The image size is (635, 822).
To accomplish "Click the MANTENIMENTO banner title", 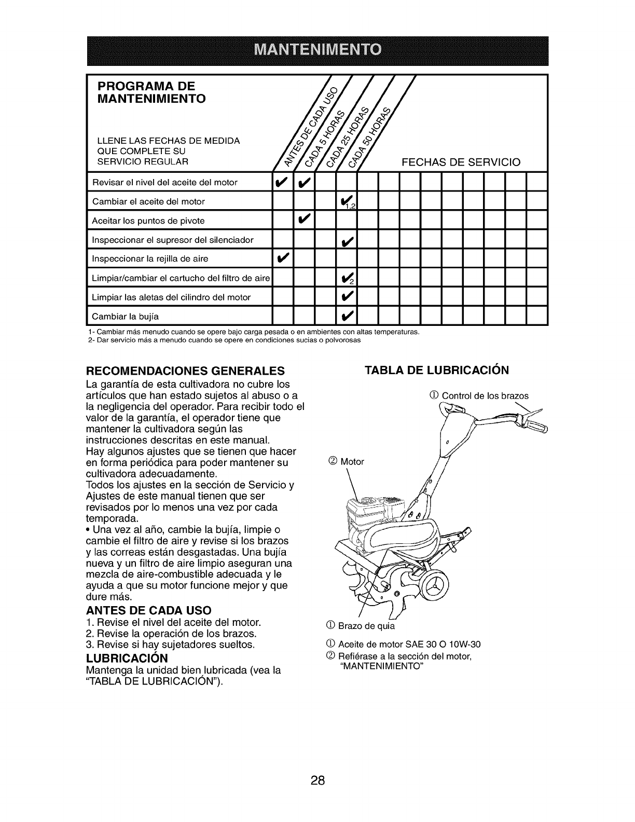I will [x=317, y=50].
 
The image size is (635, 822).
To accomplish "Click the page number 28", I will [x=317, y=766].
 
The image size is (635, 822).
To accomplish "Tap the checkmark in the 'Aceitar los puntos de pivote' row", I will [x=304, y=220].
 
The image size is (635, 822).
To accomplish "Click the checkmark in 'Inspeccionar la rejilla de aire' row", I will [x=283, y=258].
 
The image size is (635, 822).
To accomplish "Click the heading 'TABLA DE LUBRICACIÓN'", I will [x=437, y=370].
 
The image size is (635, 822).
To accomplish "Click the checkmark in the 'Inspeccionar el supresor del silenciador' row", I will [x=346, y=240].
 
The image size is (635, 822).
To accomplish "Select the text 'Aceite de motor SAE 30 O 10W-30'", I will [x=409, y=645].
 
